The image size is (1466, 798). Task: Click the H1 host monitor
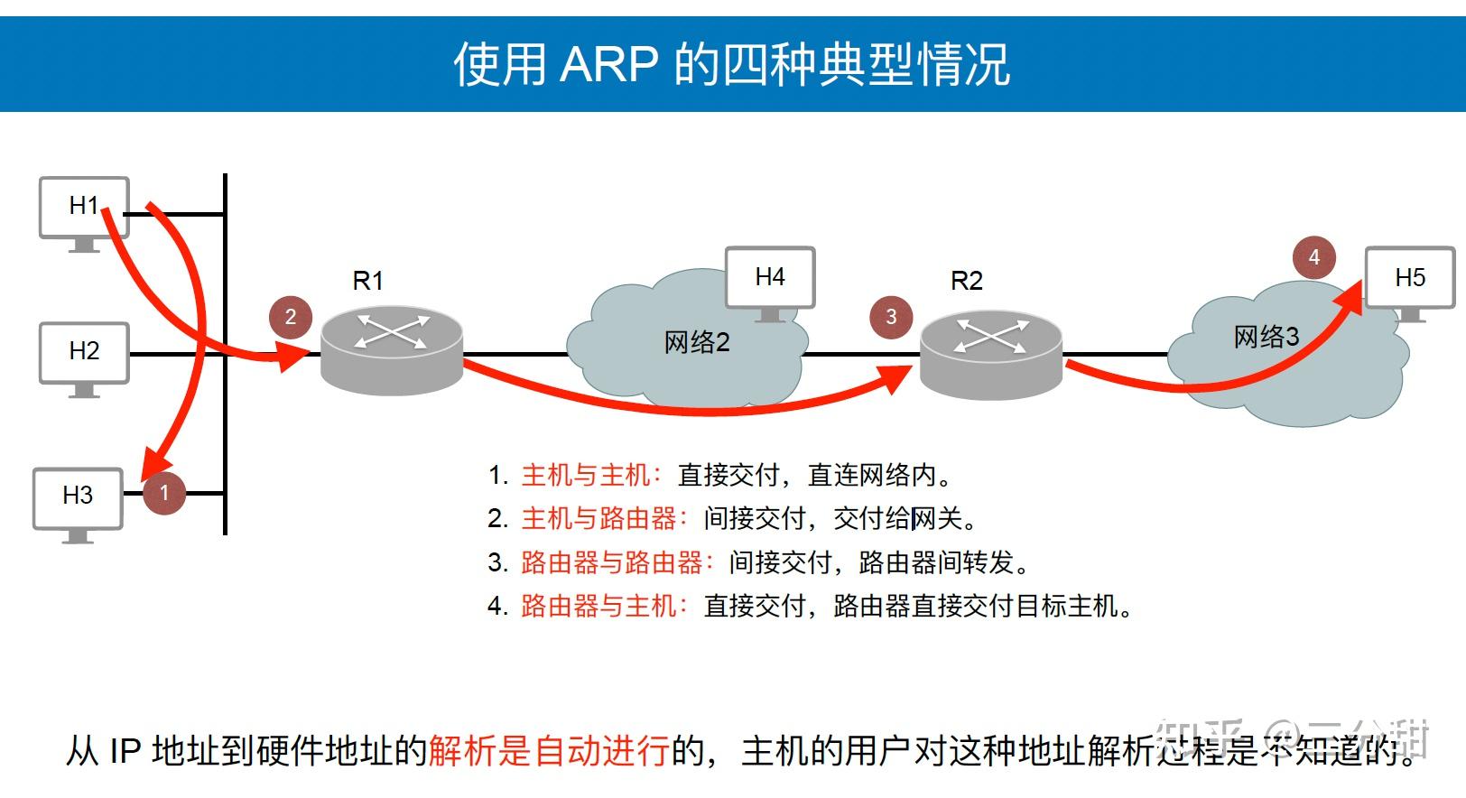point(84,209)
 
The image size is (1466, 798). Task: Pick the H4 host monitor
point(770,279)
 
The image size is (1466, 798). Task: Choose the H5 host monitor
point(1409,279)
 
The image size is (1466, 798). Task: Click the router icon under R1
point(392,348)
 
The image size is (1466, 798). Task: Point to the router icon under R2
point(990,353)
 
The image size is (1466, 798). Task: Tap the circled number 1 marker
point(164,493)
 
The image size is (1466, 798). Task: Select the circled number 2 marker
point(291,317)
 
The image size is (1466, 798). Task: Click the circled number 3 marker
point(891,317)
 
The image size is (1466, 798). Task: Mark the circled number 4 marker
point(1314,257)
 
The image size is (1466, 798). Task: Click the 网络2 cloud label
point(696,343)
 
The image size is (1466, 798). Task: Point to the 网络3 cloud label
point(1266,338)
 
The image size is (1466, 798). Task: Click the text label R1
point(368,282)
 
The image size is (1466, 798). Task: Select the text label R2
point(967,282)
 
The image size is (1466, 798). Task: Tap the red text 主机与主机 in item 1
point(586,475)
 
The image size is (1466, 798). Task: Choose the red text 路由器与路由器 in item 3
point(612,562)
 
